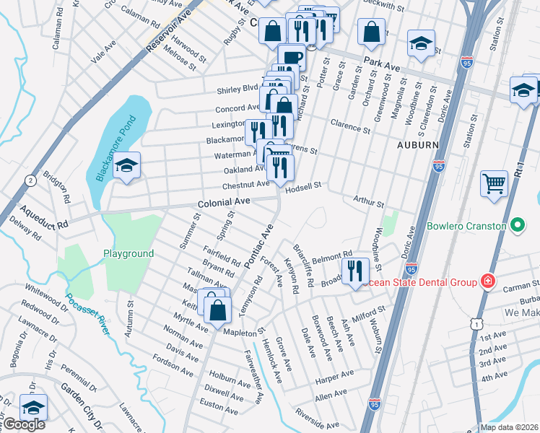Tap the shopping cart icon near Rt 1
tap(494, 183)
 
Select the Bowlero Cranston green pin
tap(517, 227)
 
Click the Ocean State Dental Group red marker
tap(489, 281)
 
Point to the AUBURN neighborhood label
tap(417, 144)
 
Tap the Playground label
tap(129, 254)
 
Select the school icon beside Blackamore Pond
tap(126, 166)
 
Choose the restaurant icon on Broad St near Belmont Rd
tap(355, 271)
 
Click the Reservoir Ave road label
tap(170, 30)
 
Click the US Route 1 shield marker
tap(477, 325)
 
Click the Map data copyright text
tap(509, 427)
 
